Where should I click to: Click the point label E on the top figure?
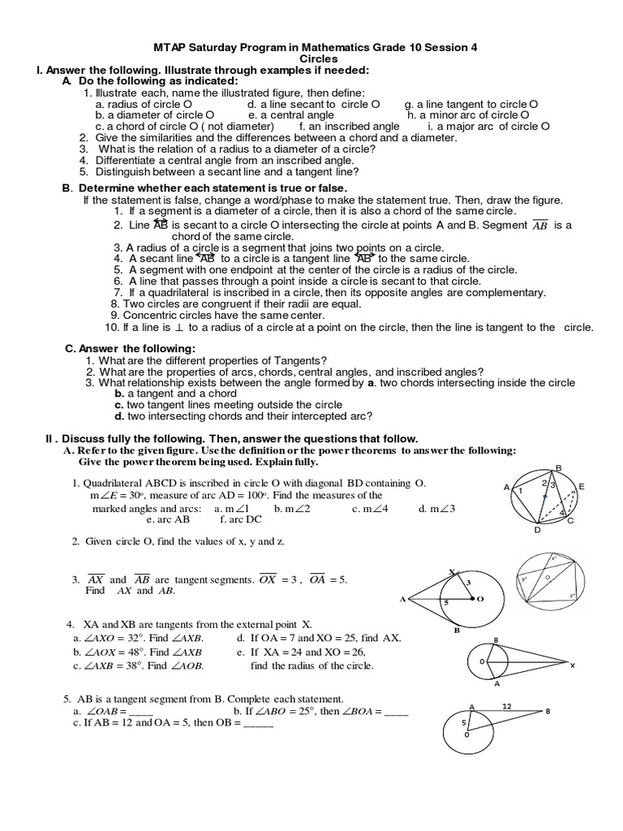click(582, 487)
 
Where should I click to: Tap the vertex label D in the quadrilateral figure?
click(537, 530)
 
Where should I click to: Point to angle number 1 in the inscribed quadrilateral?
click(521, 491)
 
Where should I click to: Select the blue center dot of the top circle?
click(546, 496)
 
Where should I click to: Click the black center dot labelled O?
click(472, 599)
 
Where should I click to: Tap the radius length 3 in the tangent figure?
click(467, 583)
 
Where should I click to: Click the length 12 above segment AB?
click(509, 707)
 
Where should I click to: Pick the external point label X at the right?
click(572, 665)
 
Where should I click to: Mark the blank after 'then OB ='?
click(258, 724)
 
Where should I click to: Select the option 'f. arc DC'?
click(242, 520)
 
